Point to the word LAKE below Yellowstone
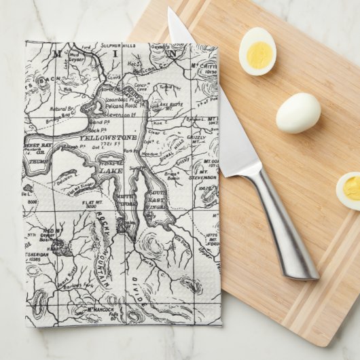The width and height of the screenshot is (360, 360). (x=111, y=171)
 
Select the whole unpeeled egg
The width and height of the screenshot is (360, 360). (x=298, y=112)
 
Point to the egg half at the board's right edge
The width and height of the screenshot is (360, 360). (x=349, y=190)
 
